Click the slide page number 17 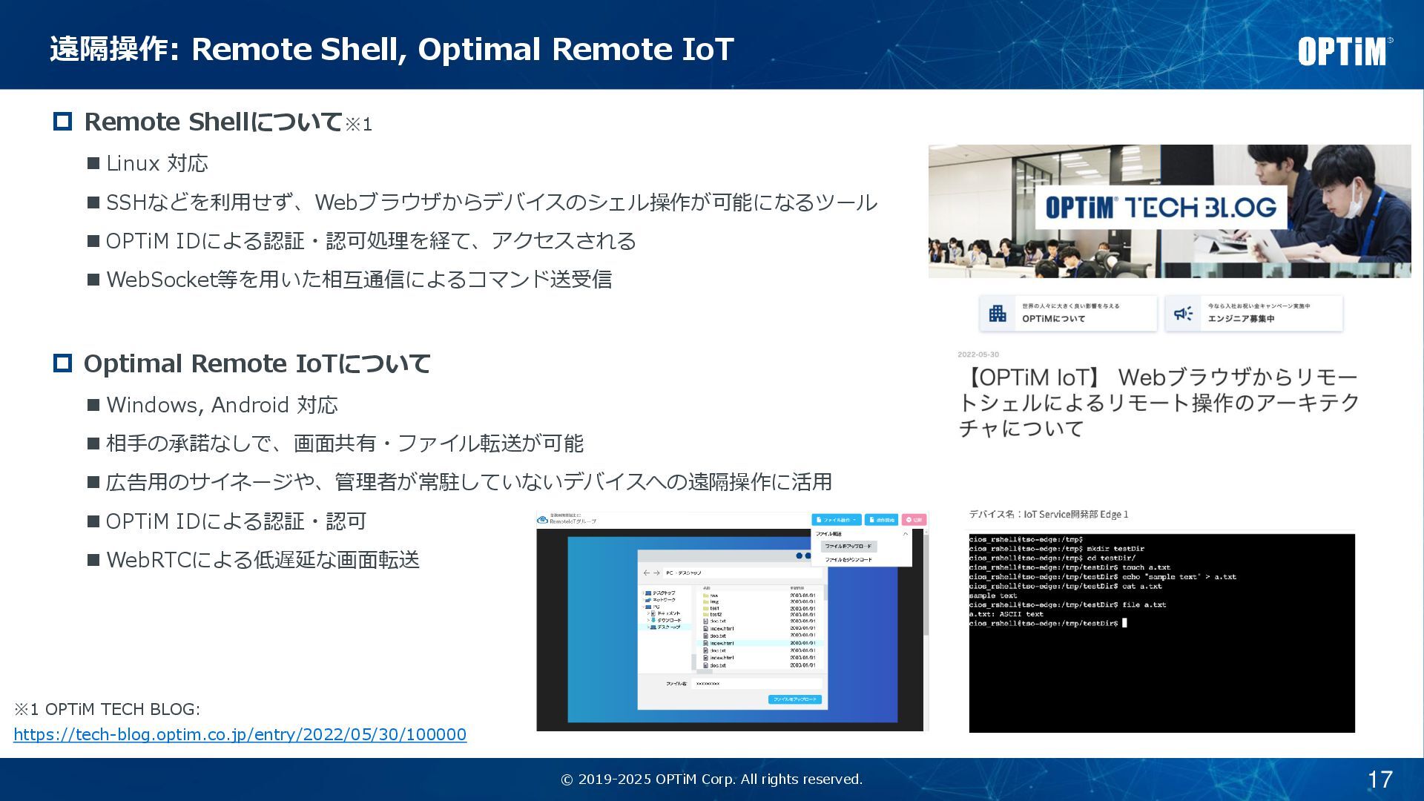pos(1379,779)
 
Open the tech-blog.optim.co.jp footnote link pos(240,734)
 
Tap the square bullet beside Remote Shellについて pos(63,122)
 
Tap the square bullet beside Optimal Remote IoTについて pos(63,363)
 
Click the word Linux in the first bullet pos(133,163)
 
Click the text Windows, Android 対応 pos(222,405)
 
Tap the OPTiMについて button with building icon pos(1067,313)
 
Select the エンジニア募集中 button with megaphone pos(1253,313)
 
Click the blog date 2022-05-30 pos(978,355)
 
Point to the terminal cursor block pos(1124,623)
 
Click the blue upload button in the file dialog pos(794,699)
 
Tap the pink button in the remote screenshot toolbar pos(914,520)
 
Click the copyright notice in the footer pos(711,779)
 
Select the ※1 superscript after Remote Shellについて pos(358,125)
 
